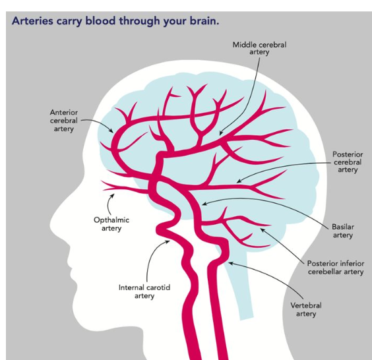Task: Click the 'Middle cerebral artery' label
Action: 259,48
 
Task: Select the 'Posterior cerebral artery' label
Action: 348,162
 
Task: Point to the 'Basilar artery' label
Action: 342,231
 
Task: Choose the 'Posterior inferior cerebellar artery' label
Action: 335,267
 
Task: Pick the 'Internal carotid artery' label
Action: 144,291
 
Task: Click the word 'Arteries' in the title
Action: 32,20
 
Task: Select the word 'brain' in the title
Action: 201,20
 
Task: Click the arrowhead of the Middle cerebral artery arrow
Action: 220,135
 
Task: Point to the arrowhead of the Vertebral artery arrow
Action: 229,262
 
